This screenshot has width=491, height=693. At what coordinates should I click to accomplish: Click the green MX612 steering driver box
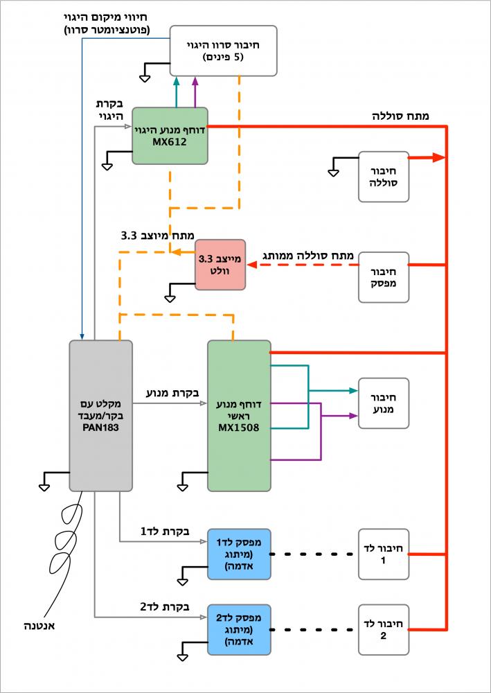coord(170,136)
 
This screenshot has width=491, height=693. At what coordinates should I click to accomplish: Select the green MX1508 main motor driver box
coord(239,416)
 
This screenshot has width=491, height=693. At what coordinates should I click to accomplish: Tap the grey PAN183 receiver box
coord(100,416)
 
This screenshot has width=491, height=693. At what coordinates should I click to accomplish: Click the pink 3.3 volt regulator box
coord(220,264)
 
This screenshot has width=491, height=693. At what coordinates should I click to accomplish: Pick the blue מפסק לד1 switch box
coord(239,554)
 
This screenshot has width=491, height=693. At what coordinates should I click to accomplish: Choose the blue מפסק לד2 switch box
coord(239,629)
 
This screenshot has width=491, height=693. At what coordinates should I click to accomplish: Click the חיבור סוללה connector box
coord(383,177)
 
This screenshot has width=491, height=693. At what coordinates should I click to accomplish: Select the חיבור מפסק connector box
coord(383,277)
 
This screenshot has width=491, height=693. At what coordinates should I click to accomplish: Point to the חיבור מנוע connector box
coord(383,403)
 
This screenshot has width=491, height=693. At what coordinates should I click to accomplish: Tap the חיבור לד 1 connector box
coord(383,554)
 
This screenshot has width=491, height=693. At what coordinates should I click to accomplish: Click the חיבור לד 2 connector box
coord(383,629)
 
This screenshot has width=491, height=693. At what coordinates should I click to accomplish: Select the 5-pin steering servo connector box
coord(223,51)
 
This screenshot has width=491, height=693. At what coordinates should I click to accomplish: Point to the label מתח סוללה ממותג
coord(309,256)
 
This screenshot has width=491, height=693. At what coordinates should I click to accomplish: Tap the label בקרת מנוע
coord(172,393)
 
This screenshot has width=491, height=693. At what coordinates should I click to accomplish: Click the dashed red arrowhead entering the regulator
coord(253,265)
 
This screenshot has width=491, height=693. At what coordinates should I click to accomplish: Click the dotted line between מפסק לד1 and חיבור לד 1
coord(313,554)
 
